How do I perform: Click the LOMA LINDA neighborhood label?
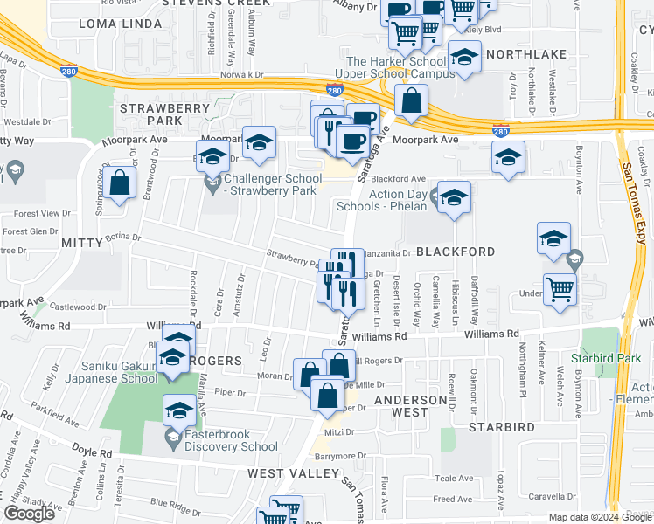(111, 24)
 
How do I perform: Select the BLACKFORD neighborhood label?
(455, 252)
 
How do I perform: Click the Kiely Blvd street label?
(473, 29)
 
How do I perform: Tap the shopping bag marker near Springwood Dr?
(122, 183)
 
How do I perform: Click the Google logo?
(29, 514)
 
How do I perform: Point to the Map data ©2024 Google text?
(600, 517)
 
